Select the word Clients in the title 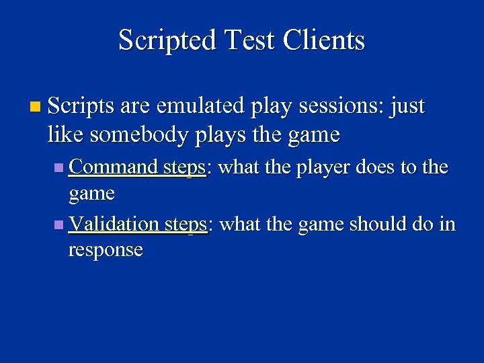323,41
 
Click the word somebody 138,135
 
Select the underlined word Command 114,167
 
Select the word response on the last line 106,250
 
